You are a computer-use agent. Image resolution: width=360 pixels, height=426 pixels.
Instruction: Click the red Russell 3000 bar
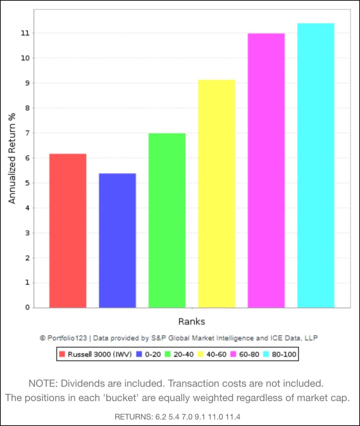(x=68, y=231)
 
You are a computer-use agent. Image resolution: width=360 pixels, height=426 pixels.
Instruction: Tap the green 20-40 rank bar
(x=167, y=220)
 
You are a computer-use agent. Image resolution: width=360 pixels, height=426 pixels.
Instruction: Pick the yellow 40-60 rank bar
(x=216, y=194)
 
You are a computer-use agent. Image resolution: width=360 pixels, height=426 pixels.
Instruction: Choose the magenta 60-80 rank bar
(x=266, y=171)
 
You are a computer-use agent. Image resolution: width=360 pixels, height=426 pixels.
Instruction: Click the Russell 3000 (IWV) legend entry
(x=95, y=354)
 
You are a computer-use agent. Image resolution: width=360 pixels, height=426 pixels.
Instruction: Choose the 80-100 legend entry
(x=284, y=354)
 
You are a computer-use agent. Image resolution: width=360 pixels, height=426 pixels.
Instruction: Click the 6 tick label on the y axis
(x=27, y=158)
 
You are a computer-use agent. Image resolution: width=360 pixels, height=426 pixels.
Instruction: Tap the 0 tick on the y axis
(x=27, y=308)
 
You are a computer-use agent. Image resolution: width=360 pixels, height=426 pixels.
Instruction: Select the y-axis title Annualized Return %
(x=12, y=158)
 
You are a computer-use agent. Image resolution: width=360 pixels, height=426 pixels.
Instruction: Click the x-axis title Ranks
(x=192, y=322)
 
